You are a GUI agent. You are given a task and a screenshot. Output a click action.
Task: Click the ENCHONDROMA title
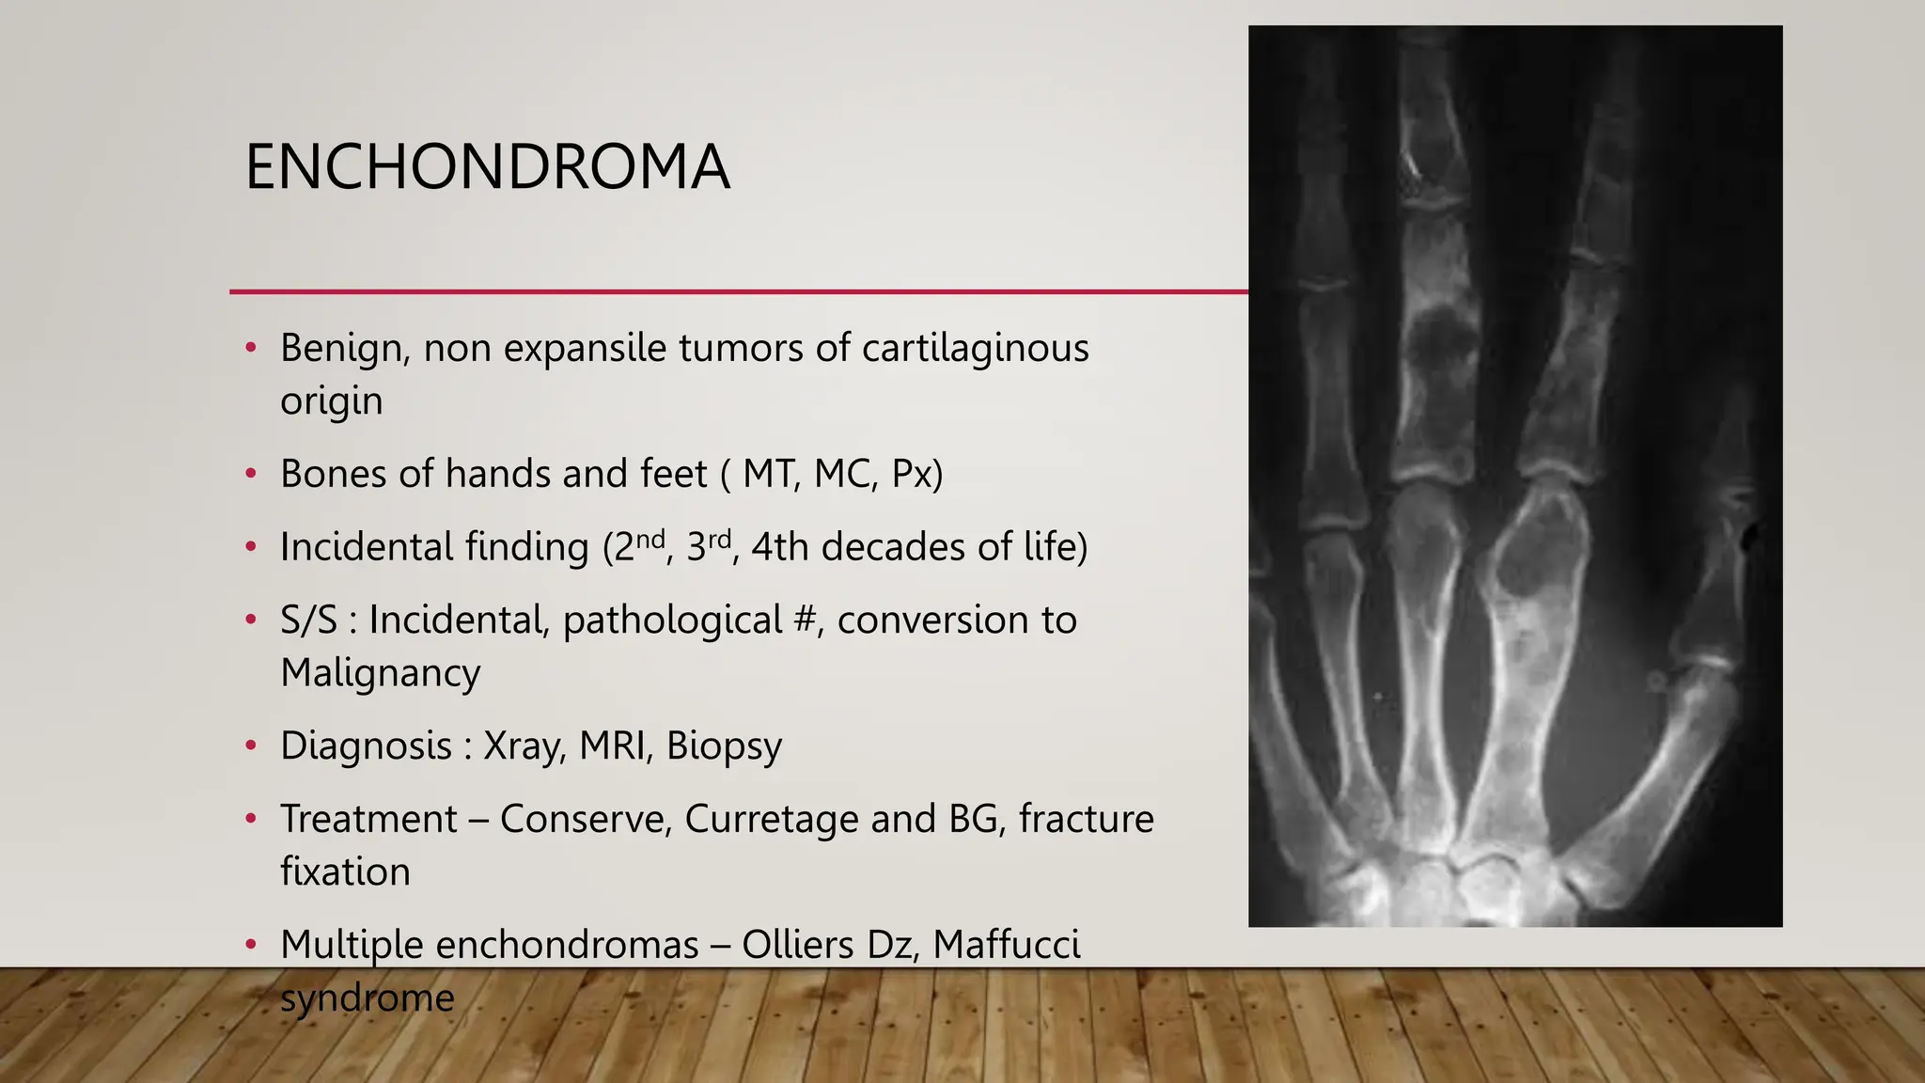pyautogui.click(x=487, y=167)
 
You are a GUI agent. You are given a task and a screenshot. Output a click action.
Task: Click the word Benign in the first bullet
pyautogui.click(x=344, y=349)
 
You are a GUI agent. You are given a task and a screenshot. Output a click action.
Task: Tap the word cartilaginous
pyautogui.click(x=975, y=349)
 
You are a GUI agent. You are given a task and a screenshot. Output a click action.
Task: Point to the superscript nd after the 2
pyautogui.click(x=650, y=538)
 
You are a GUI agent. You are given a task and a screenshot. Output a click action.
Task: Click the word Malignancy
pyautogui.click(x=380, y=673)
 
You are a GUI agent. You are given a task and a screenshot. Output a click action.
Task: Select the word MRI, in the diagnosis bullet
pyautogui.click(x=615, y=746)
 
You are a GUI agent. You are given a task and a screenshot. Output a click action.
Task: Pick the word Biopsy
pyautogui.click(x=724, y=746)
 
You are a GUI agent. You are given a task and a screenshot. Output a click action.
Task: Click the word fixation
pyautogui.click(x=345, y=872)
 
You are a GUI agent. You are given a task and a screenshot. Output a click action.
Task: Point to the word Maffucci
pyautogui.click(x=1006, y=945)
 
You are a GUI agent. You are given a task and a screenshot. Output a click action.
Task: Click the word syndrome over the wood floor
pyautogui.click(x=367, y=998)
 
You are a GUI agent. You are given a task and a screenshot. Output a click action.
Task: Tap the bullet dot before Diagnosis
pyautogui.click(x=250, y=746)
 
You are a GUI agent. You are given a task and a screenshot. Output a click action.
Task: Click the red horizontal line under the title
pyautogui.click(x=738, y=291)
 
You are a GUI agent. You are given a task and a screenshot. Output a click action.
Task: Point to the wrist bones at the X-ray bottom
pyautogui.click(x=1466, y=884)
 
